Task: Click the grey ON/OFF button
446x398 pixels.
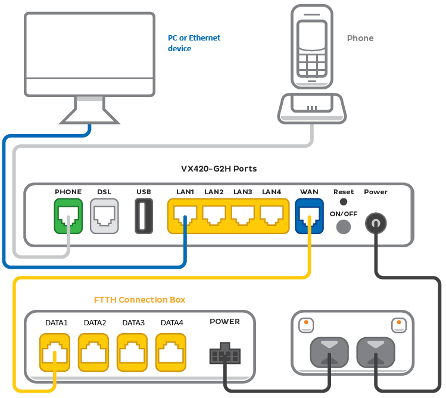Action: coord(344,226)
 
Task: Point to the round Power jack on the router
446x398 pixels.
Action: coord(375,223)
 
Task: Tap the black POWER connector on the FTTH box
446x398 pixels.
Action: coord(224,355)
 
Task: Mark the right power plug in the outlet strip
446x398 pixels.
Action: coord(375,353)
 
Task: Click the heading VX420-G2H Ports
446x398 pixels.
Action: coord(219,169)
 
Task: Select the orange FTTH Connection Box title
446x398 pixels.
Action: coord(140,300)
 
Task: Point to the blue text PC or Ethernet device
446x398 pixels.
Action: coord(194,43)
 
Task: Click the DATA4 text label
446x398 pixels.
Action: coord(171,322)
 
